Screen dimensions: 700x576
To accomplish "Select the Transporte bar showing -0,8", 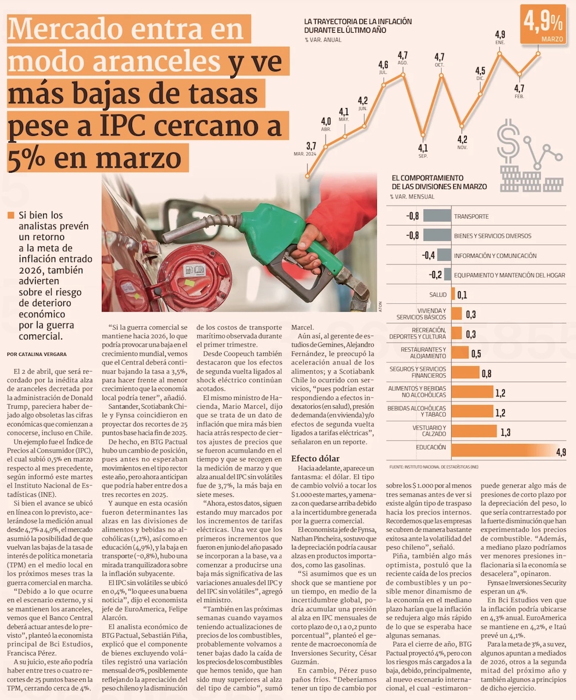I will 437,216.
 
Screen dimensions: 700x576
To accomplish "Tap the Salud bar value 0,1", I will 462,295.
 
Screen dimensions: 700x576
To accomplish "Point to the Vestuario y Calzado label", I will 429,430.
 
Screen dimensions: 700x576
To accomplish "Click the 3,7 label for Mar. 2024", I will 311,146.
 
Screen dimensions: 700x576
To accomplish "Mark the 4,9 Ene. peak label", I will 500,35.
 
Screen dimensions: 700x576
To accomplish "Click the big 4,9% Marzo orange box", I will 543,25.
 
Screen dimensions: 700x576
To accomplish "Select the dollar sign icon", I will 508,140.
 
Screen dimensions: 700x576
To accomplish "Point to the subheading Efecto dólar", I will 316,458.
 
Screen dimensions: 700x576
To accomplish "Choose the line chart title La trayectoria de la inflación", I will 358,25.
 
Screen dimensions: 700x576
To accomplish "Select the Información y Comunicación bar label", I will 495,256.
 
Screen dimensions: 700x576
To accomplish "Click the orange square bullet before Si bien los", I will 10,216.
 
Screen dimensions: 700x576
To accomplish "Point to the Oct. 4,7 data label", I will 439,57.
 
